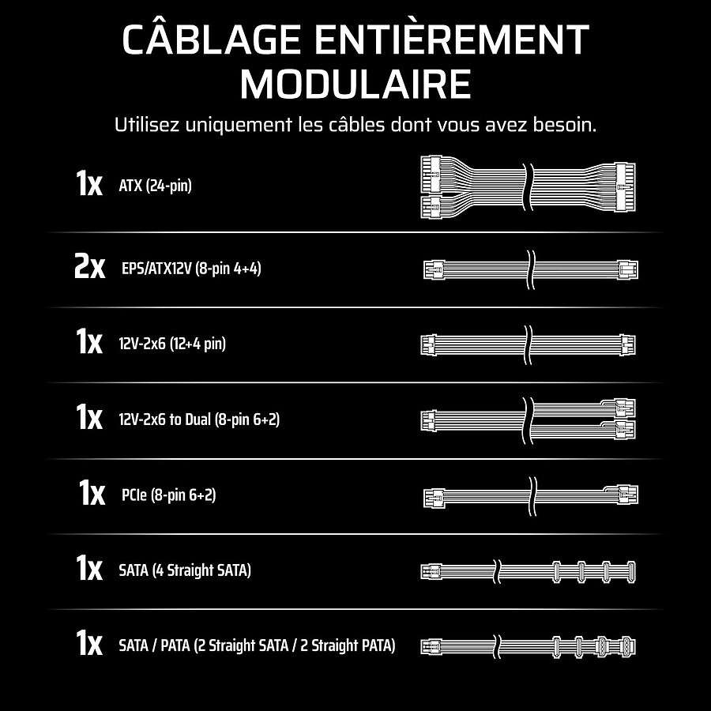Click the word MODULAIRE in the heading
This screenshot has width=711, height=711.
coord(355,84)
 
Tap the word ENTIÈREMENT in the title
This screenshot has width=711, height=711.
coord(452,39)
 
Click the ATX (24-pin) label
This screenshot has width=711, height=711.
coord(155,185)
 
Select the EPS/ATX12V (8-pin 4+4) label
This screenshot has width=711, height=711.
coord(191,269)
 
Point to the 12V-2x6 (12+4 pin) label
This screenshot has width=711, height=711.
coord(172,344)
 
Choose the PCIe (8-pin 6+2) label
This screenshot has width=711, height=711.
coord(169,495)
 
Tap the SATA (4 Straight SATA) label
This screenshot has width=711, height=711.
coord(185,570)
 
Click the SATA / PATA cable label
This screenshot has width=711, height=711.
coord(257,645)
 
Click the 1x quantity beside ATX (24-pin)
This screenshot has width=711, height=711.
coord(88,182)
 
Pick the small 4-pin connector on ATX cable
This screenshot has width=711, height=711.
coord(431,207)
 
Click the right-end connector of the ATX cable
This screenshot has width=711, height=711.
coord(626,186)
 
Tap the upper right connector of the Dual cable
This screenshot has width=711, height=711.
coord(626,408)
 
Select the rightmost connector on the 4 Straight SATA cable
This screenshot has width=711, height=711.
coord(630,571)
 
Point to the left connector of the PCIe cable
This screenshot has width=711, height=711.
coord(434,498)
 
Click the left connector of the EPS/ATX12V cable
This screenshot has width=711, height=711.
coord(434,270)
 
